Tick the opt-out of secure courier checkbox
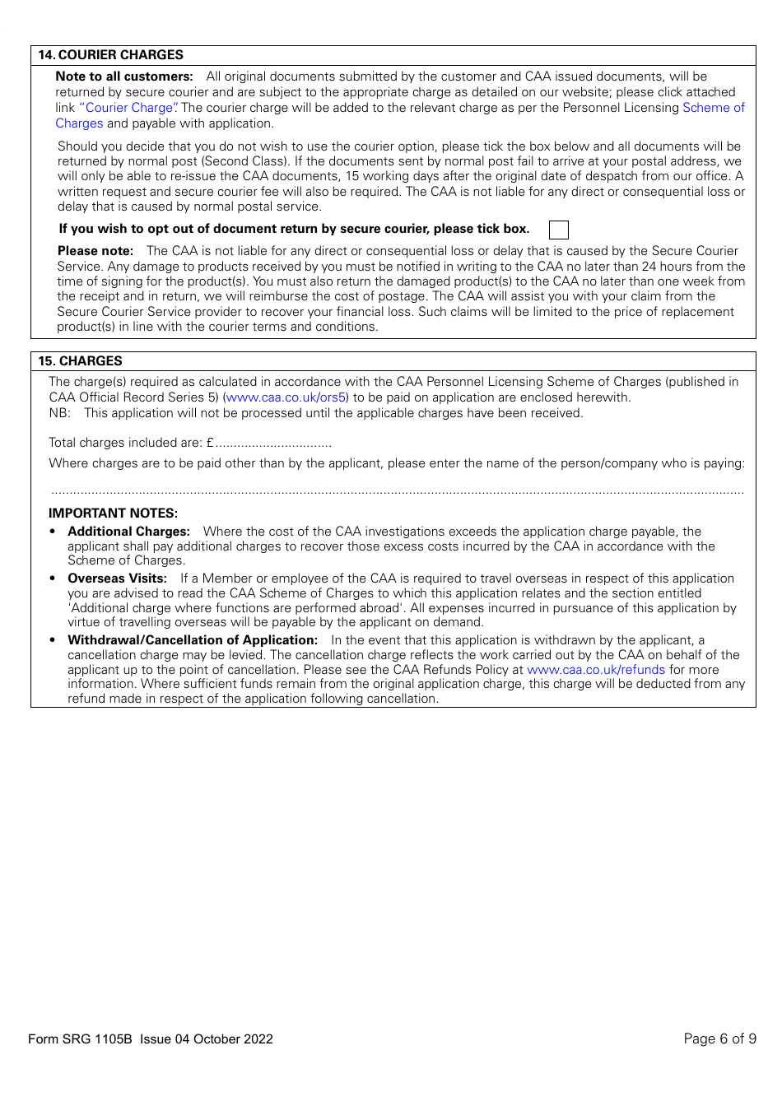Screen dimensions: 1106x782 pyautogui.click(x=558, y=230)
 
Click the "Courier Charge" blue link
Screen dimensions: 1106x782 pyautogui.click(x=129, y=108)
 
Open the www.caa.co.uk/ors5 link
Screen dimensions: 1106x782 pyautogui.click(x=286, y=397)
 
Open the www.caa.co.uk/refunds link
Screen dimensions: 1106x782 pyautogui.click(x=595, y=670)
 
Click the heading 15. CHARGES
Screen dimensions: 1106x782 pyautogui.click(x=80, y=361)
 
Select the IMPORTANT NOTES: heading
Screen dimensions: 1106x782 pyautogui.click(x=113, y=513)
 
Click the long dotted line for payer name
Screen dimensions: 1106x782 pyautogui.click(x=398, y=492)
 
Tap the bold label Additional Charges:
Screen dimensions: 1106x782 pyautogui.click(x=128, y=532)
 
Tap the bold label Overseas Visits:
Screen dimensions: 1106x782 pyautogui.click(x=117, y=579)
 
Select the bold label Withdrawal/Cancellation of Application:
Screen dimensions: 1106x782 pyautogui.click(x=192, y=640)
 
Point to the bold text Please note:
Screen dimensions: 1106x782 pyautogui.click(x=95, y=251)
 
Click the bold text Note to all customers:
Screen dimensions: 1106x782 pyautogui.click(x=123, y=77)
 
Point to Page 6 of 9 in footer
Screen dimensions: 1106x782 pyautogui.click(x=719, y=1039)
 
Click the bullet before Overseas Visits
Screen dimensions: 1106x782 pyautogui.click(x=53, y=579)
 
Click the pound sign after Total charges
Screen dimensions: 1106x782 pyautogui.click(x=210, y=443)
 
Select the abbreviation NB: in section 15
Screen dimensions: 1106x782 pyautogui.click(x=59, y=413)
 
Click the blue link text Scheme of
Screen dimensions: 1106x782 pyautogui.click(x=713, y=108)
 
